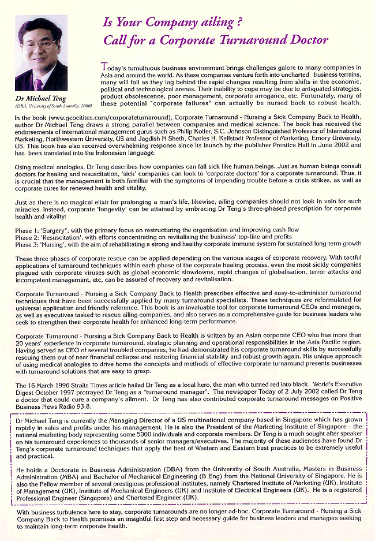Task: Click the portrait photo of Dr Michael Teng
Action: pyautogui.click(x=42, y=53)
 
